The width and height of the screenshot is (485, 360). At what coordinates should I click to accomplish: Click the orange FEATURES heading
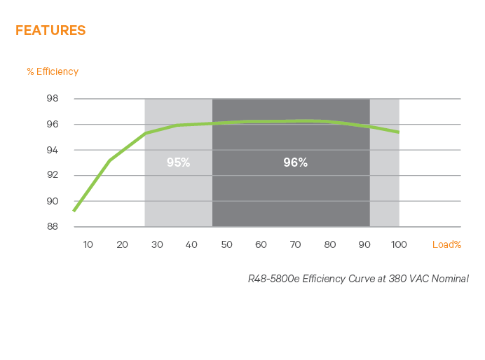pyautogui.click(x=50, y=30)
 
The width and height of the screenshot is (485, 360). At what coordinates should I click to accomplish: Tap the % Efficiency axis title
pyautogui.click(x=53, y=71)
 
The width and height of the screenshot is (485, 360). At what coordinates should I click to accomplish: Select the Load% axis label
pyautogui.click(x=446, y=244)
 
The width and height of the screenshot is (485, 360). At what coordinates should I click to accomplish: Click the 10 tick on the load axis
pyautogui.click(x=88, y=244)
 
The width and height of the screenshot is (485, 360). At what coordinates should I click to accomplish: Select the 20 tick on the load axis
pyautogui.click(x=122, y=244)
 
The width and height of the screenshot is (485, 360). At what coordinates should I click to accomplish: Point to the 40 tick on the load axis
pyautogui.click(x=191, y=244)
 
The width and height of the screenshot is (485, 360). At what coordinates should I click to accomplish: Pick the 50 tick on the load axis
pyautogui.click(x=226, y=244)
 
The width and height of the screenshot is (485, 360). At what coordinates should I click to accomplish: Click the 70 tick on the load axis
pyautogui.click(x=296, y=244)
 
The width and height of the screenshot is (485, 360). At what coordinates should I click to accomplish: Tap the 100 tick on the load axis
pyautogui.click(x=399, y=244)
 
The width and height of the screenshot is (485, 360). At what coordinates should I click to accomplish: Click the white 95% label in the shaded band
pyautogui.click(x=178, y=162)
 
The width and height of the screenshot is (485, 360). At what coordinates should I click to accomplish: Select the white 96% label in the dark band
pyautogui.click(x=295, y=162)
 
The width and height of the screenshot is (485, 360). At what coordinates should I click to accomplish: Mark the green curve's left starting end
pyautogui.click(x=74, y=211)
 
